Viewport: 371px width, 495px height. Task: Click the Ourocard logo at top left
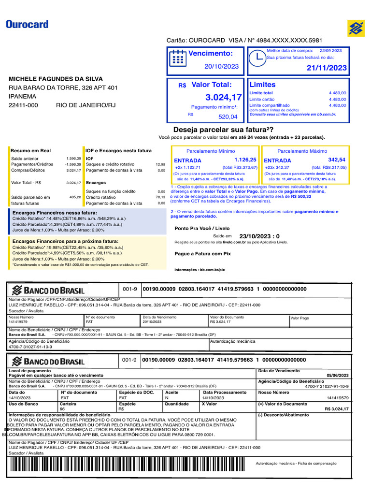point(27,24)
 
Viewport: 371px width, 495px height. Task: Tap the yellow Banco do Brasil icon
point(356,28)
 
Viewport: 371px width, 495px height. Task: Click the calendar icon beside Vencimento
point(178,58)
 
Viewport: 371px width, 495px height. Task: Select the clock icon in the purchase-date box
point(257,57)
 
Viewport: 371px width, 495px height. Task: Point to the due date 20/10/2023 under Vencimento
point(221,67)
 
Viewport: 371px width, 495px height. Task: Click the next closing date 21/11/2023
point(327,68)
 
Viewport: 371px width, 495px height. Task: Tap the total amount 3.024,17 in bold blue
point(223,98)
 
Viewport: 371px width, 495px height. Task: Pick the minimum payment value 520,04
point(228,117)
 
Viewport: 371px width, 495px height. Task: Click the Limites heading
point(262,85)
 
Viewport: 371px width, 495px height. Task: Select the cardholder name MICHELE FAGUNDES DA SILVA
point(56,79)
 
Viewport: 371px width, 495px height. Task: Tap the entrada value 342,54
point(337,160)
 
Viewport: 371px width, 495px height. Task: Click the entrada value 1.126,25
point(245,160)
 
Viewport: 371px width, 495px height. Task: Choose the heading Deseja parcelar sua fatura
point(223,130)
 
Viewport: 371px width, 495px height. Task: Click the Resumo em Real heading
point(31,151)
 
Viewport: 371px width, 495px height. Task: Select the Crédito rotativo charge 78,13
point(160,197)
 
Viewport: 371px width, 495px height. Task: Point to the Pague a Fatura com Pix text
point(202,254)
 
